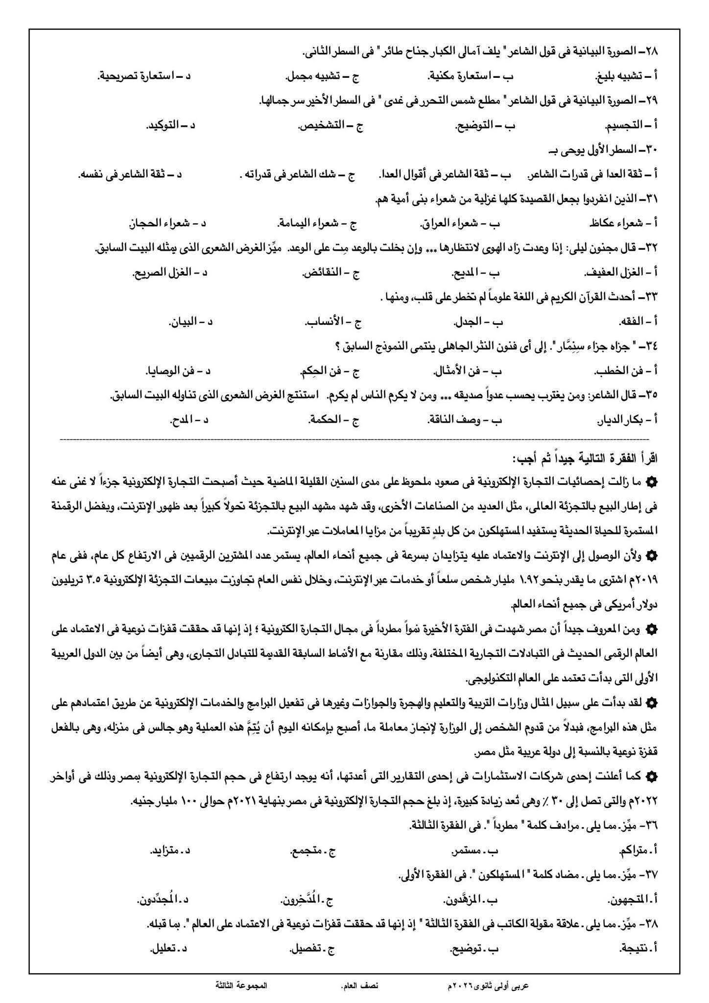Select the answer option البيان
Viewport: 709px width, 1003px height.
point(183,322)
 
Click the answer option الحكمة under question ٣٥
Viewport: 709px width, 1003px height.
point(327,420)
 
